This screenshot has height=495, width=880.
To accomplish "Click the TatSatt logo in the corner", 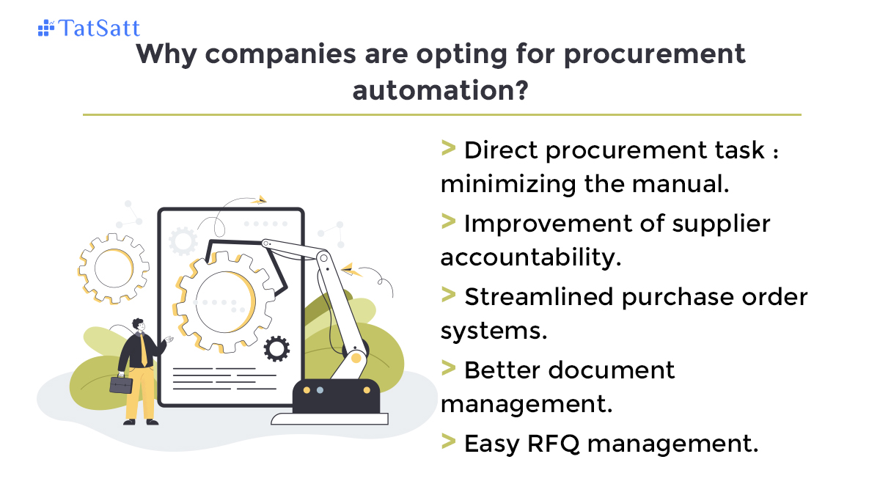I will pyautogui.click(x=88, y=29).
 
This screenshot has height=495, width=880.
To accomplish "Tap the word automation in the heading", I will pyautogui.click(x=430, y=92).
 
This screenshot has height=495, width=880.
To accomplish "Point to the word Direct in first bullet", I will pyautogui.click(x=502, y=150).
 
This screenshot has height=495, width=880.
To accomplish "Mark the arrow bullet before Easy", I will pyautogui.click(x=448, y=441).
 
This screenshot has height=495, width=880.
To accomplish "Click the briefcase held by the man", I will pyautogui.click(x=121, y=384).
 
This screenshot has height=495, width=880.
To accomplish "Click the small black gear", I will pyautogui.click(x=276, y=348).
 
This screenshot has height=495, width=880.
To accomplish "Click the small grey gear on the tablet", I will pyautogui.click(x=183, y=240).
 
